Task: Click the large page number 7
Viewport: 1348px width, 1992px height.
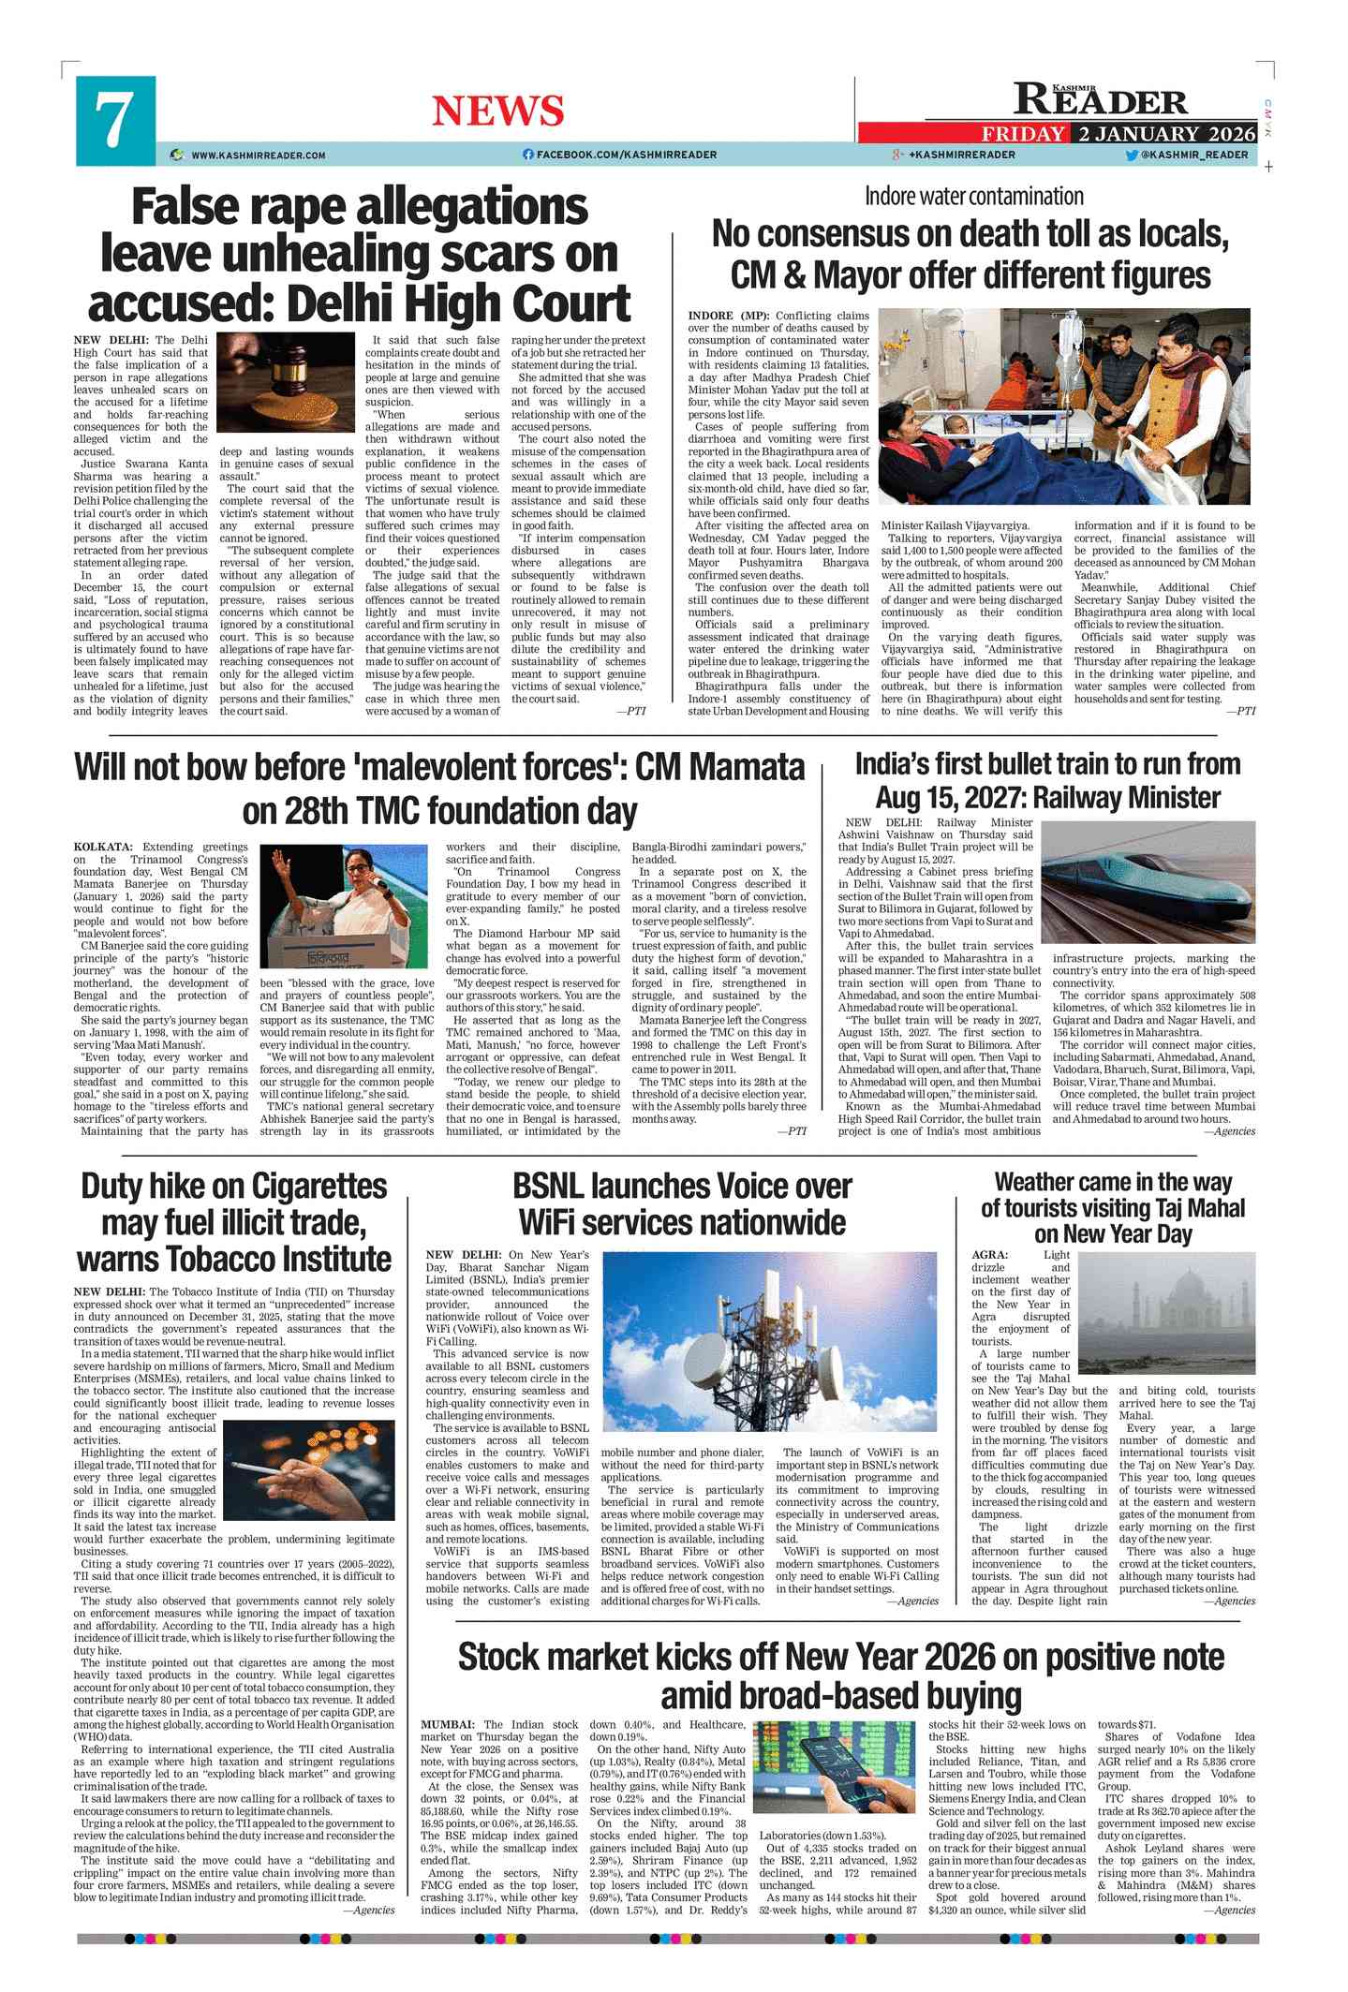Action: click(x=114, y=120)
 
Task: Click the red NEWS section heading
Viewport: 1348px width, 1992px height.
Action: click(x=497, y=111)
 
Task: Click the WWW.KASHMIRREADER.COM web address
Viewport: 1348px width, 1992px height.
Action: click(x=258, y=155)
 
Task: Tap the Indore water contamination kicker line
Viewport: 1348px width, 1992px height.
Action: click(x=973, y=197)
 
